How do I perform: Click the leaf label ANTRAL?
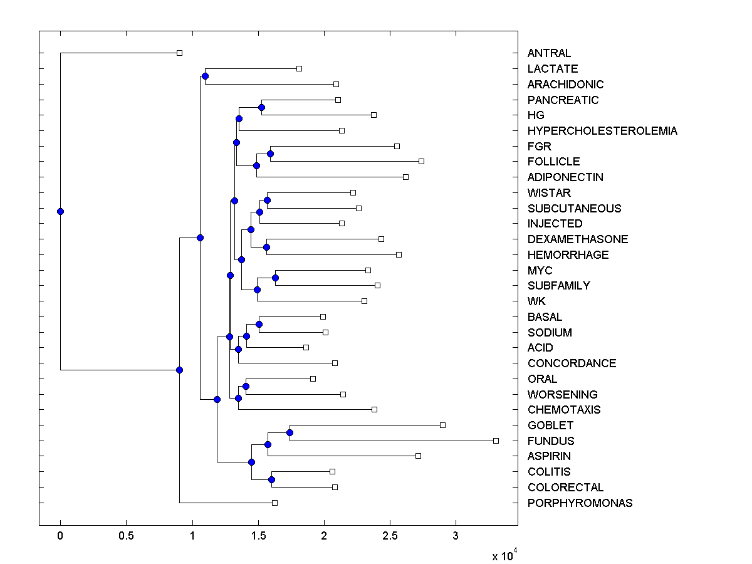pos(549,53)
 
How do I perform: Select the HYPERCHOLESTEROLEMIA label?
pos(602,131)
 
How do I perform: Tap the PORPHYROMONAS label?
pos(580,503)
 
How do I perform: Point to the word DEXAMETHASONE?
pos(577,239)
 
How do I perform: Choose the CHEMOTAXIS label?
pos(563,410)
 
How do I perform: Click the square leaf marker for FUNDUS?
pos(496,441)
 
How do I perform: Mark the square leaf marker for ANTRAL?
pos(179,53)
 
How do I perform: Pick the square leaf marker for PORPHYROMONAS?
pos(274,503)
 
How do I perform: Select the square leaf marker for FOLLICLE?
pos(421,161)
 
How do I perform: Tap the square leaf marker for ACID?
pos(306,347)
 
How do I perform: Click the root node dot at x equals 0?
pos(60,211)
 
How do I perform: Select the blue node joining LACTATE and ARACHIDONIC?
pos(205,76)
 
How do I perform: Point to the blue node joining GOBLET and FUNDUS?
pos(290,432)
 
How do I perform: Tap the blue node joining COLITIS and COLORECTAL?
pos(271,479)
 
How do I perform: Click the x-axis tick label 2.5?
pos(390,536)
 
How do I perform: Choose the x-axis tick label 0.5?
pos(126,536)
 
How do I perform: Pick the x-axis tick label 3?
pos(456,536)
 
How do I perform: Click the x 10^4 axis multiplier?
pos(504,555)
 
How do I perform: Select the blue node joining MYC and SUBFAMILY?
pos(275,278)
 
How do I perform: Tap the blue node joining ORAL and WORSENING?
pos(246,386)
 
